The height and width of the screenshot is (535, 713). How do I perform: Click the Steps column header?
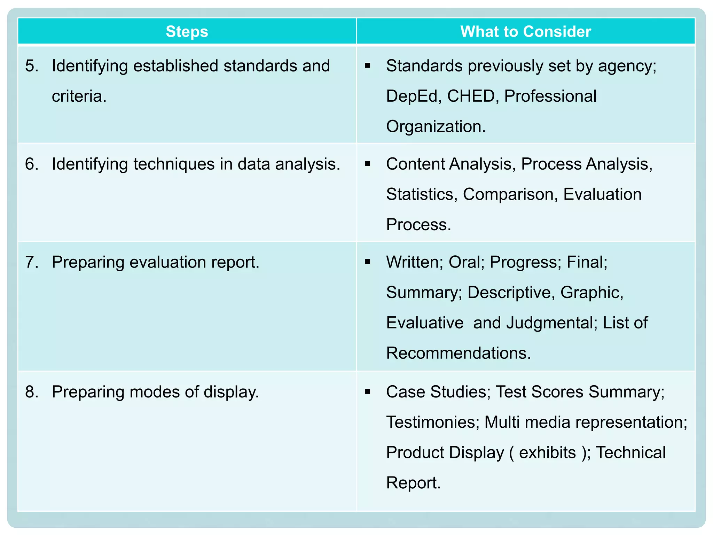(187, 32)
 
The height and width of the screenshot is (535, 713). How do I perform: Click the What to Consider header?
(526, 32)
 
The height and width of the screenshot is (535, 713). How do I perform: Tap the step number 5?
(31, 66)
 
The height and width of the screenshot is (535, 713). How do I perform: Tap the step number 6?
(31, 164)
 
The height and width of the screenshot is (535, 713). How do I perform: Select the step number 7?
(31, 262)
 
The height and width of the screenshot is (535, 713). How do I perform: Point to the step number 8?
(31, 392)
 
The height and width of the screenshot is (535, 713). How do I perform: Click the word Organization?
(436, 126)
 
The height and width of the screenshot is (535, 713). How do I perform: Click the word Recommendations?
(459, 353)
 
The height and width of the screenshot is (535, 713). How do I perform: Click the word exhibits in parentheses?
(547, 452)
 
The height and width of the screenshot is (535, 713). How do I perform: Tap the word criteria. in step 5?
(79, 96)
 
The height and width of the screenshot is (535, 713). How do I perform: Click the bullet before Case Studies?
(368, 392)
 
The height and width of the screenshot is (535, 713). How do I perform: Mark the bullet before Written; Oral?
(368, 262)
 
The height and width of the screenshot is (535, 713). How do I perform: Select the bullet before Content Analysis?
(368, 164)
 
